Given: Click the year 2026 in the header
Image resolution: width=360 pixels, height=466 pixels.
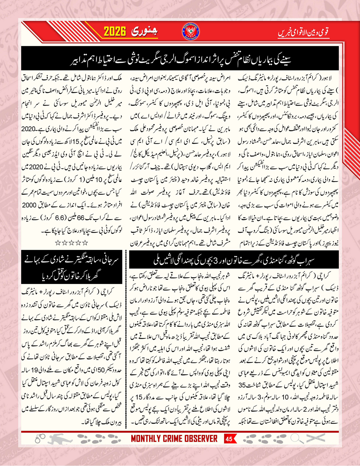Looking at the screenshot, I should [x=116, y=31].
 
